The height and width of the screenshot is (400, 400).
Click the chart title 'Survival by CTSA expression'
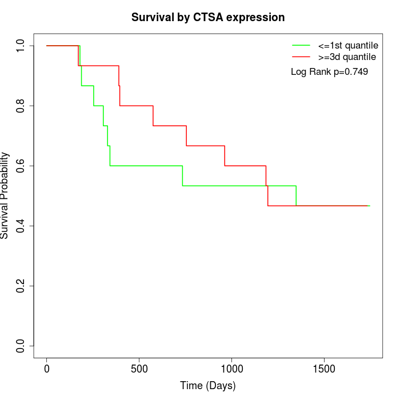coord(208,17)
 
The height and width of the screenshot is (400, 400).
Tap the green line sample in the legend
coord(301,45)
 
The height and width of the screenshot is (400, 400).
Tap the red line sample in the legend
coord(301,57)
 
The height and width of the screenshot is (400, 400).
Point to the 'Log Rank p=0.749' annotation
coord(329,71)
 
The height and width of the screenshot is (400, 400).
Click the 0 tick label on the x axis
coord(47,367)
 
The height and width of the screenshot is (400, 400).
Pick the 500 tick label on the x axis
coord(139,367)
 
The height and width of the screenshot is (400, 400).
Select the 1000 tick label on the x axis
coord(232,367)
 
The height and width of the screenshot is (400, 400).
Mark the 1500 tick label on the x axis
coord(325,367)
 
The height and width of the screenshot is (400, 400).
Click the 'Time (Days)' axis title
coord(208,386)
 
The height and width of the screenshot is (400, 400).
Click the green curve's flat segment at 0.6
coord(146,166)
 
